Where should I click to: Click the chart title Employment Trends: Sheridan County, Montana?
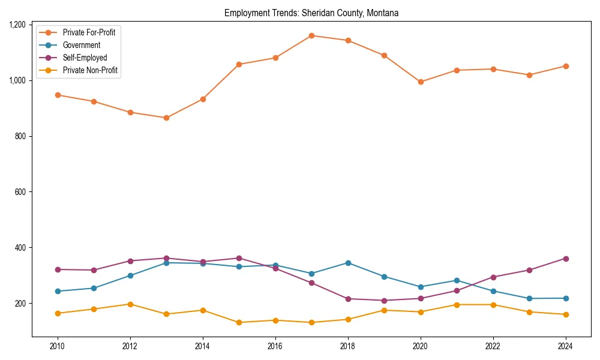[x=311, y=13]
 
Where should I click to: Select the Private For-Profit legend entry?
[x=89, y=32]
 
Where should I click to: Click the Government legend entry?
[x=81, y=45]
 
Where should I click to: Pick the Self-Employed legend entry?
[x=85, y=58]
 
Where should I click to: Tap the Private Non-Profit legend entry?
[x=90, y=70]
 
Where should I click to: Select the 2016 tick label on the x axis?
[x=275, y=346]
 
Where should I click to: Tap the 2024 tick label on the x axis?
[x=565, y=346]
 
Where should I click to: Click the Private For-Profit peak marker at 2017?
[x=311, y=35]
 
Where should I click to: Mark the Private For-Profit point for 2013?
[x=166, y=118]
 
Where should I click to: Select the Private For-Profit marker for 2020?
[x=421, y=82]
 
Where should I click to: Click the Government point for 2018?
[x=348, y=263]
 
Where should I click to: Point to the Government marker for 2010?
[x=58, y=291]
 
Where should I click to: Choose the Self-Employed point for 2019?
[x=384, y=301]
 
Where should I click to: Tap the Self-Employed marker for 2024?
[x=565, y=259]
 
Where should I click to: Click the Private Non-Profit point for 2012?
[x=130, y=304]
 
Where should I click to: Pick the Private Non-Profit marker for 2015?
[x=239, y=322]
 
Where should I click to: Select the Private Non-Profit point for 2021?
[x=457, y=305]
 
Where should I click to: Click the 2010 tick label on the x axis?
[x=58, y=346]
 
